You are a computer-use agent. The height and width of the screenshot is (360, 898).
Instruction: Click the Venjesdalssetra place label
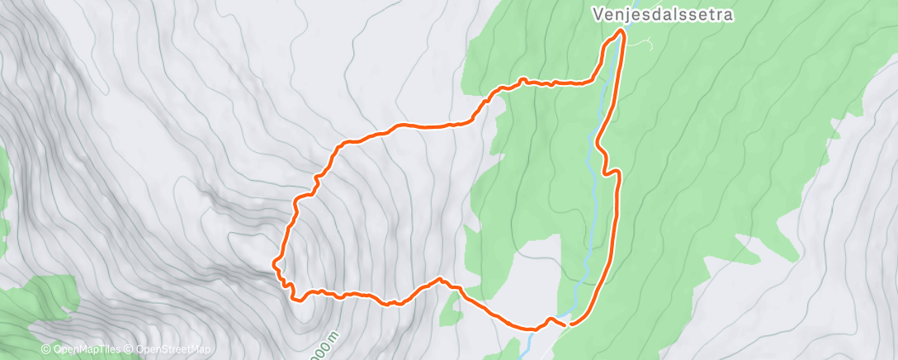coord(663,14)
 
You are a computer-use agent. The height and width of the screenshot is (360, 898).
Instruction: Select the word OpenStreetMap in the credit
coord(173,350)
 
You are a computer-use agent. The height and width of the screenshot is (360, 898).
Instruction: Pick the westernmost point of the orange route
coord(273,263)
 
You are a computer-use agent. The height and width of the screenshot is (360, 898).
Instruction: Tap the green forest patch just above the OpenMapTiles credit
coord(41,306)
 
